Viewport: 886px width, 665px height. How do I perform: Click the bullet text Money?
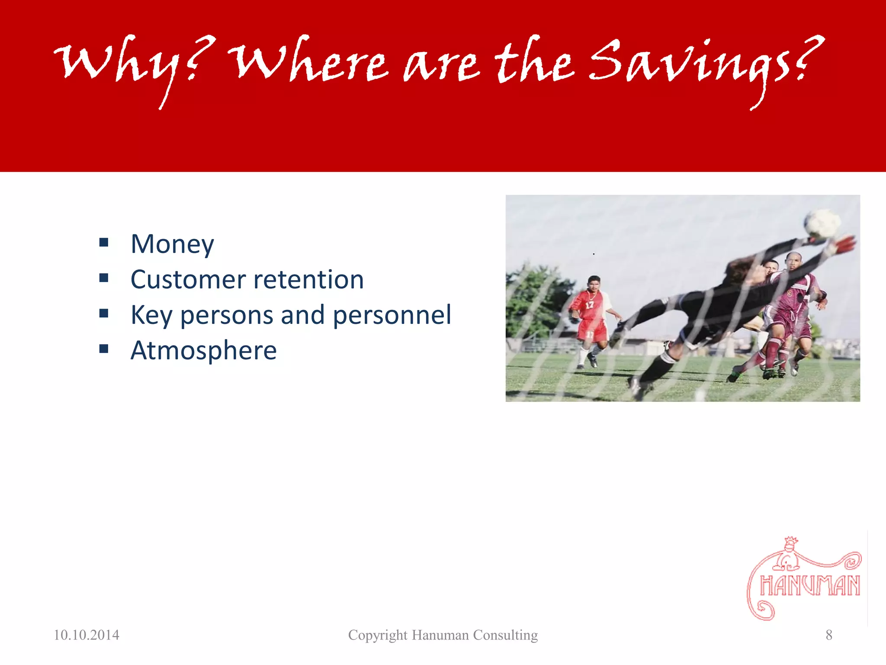click(x=172, y=244)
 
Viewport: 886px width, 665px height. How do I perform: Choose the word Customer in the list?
click(x=188, y=280)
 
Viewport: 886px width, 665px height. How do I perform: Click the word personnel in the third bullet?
click(x=392, y=315)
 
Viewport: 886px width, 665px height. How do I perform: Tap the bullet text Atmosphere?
click(x=203, y=350)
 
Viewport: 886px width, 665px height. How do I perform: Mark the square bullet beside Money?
click(x=104, y=242)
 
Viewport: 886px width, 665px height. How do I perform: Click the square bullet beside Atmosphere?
click(x=104, y=349)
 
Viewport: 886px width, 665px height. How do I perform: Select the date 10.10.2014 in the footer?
click(x=87, y=635)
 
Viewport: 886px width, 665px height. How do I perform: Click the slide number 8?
click(x=829, y=635)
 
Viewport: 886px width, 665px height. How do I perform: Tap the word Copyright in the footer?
click(x=378, y=635)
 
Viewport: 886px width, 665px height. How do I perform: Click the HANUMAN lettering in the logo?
click(x=810, y=586)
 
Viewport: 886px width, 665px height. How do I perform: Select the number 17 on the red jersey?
click(x=589, y=305)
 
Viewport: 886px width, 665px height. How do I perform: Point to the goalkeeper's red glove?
click(x=844, y=245)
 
